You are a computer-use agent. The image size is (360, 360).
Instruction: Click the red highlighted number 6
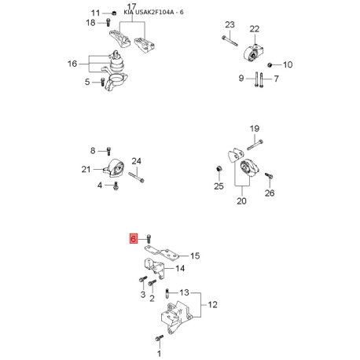click(134, 239)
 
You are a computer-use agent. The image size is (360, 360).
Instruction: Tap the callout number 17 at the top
click(131, 7)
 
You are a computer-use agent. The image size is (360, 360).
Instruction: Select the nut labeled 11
click(114, 13)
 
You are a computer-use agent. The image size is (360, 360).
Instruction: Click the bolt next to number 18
click(108, 22)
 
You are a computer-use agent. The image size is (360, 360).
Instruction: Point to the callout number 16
click(72, 64)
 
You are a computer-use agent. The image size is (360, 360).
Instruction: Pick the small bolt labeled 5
click(103, 82)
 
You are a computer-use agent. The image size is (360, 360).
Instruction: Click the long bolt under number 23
click(230, 41)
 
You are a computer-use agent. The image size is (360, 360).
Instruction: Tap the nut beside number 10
click(270, 64)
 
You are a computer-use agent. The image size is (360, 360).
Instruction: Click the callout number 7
click(276, 79)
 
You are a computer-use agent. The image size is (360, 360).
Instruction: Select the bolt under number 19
click(255, 145)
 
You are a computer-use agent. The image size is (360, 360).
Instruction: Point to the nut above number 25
click(219, 168)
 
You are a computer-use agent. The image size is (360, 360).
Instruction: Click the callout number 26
click(270, 193)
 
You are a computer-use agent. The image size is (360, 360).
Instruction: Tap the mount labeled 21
click(114, 168)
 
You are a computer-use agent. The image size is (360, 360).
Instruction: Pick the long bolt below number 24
click(136, 177)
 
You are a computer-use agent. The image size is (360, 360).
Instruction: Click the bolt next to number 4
click(116, 186)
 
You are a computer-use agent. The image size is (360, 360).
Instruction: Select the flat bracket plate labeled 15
click(162, 253)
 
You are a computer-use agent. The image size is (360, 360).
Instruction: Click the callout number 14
click(180, 268)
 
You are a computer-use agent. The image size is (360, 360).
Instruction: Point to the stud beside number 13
click(167, 293)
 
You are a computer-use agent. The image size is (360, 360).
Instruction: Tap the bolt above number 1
click(159, 338)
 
